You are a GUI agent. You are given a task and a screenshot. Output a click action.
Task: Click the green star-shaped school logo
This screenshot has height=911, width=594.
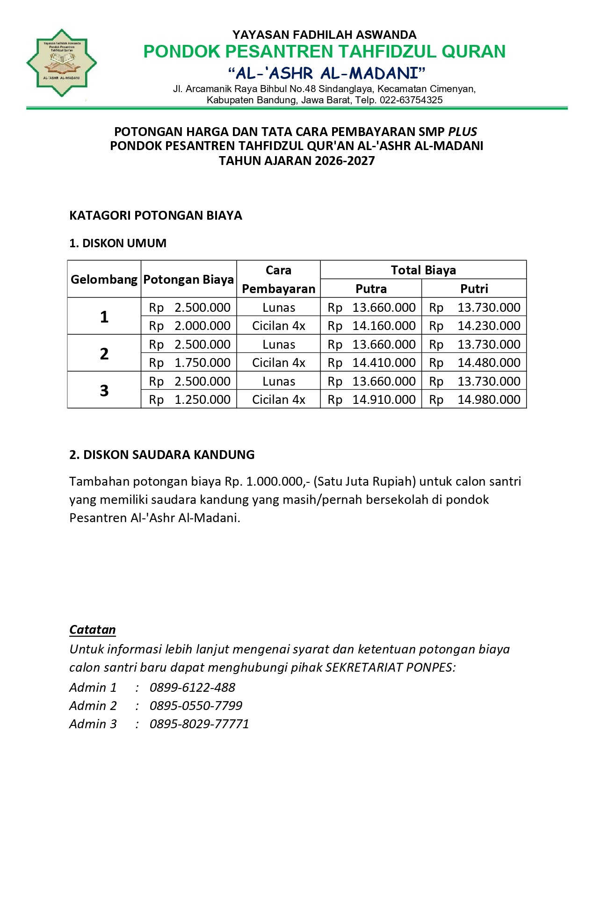click(x=62, y=63)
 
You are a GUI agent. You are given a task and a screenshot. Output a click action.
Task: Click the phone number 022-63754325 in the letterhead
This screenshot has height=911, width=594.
click(x=411, y=100)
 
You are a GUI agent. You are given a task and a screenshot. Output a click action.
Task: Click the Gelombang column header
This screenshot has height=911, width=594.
click(x=104, y=280)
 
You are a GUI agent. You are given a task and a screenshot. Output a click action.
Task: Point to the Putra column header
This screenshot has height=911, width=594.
click(x=371, y=288)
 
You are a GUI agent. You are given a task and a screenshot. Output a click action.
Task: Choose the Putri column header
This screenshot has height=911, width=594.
click(x=474, y=288)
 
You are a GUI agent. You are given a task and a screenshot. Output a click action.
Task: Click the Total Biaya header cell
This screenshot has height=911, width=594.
click(x=423, y=270)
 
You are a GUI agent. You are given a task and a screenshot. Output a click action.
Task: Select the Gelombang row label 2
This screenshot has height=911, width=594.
click(x=104, y=353)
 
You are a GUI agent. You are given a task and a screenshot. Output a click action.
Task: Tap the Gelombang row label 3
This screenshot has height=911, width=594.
click(x=104, y=390)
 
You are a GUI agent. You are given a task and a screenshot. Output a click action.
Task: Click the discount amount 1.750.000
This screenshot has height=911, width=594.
click(x=203, y=363)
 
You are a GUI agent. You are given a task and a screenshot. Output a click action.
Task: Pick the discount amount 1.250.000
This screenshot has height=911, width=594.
click(x=203, y=400)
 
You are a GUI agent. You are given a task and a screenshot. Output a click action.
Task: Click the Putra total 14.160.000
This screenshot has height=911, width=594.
click(x=384, y=326)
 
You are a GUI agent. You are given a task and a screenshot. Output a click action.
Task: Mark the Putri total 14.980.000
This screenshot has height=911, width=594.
click(x=489, y=400)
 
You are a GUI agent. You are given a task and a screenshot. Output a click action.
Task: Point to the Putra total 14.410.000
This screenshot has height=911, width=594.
click(x=384, y=363)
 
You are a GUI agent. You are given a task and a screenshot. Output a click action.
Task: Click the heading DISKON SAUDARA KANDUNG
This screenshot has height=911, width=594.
click(x=162, y=455)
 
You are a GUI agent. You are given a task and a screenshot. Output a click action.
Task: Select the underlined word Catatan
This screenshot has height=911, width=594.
click(x=93, y=630)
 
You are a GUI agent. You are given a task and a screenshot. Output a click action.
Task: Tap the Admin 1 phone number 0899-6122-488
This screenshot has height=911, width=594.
click(x=192, y=687)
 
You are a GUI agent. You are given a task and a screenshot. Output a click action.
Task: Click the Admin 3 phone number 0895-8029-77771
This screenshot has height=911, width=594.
click(x=199, y=724)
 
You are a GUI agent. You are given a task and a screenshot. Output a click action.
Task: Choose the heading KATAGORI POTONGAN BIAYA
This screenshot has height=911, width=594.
click(x=156, y=215)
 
